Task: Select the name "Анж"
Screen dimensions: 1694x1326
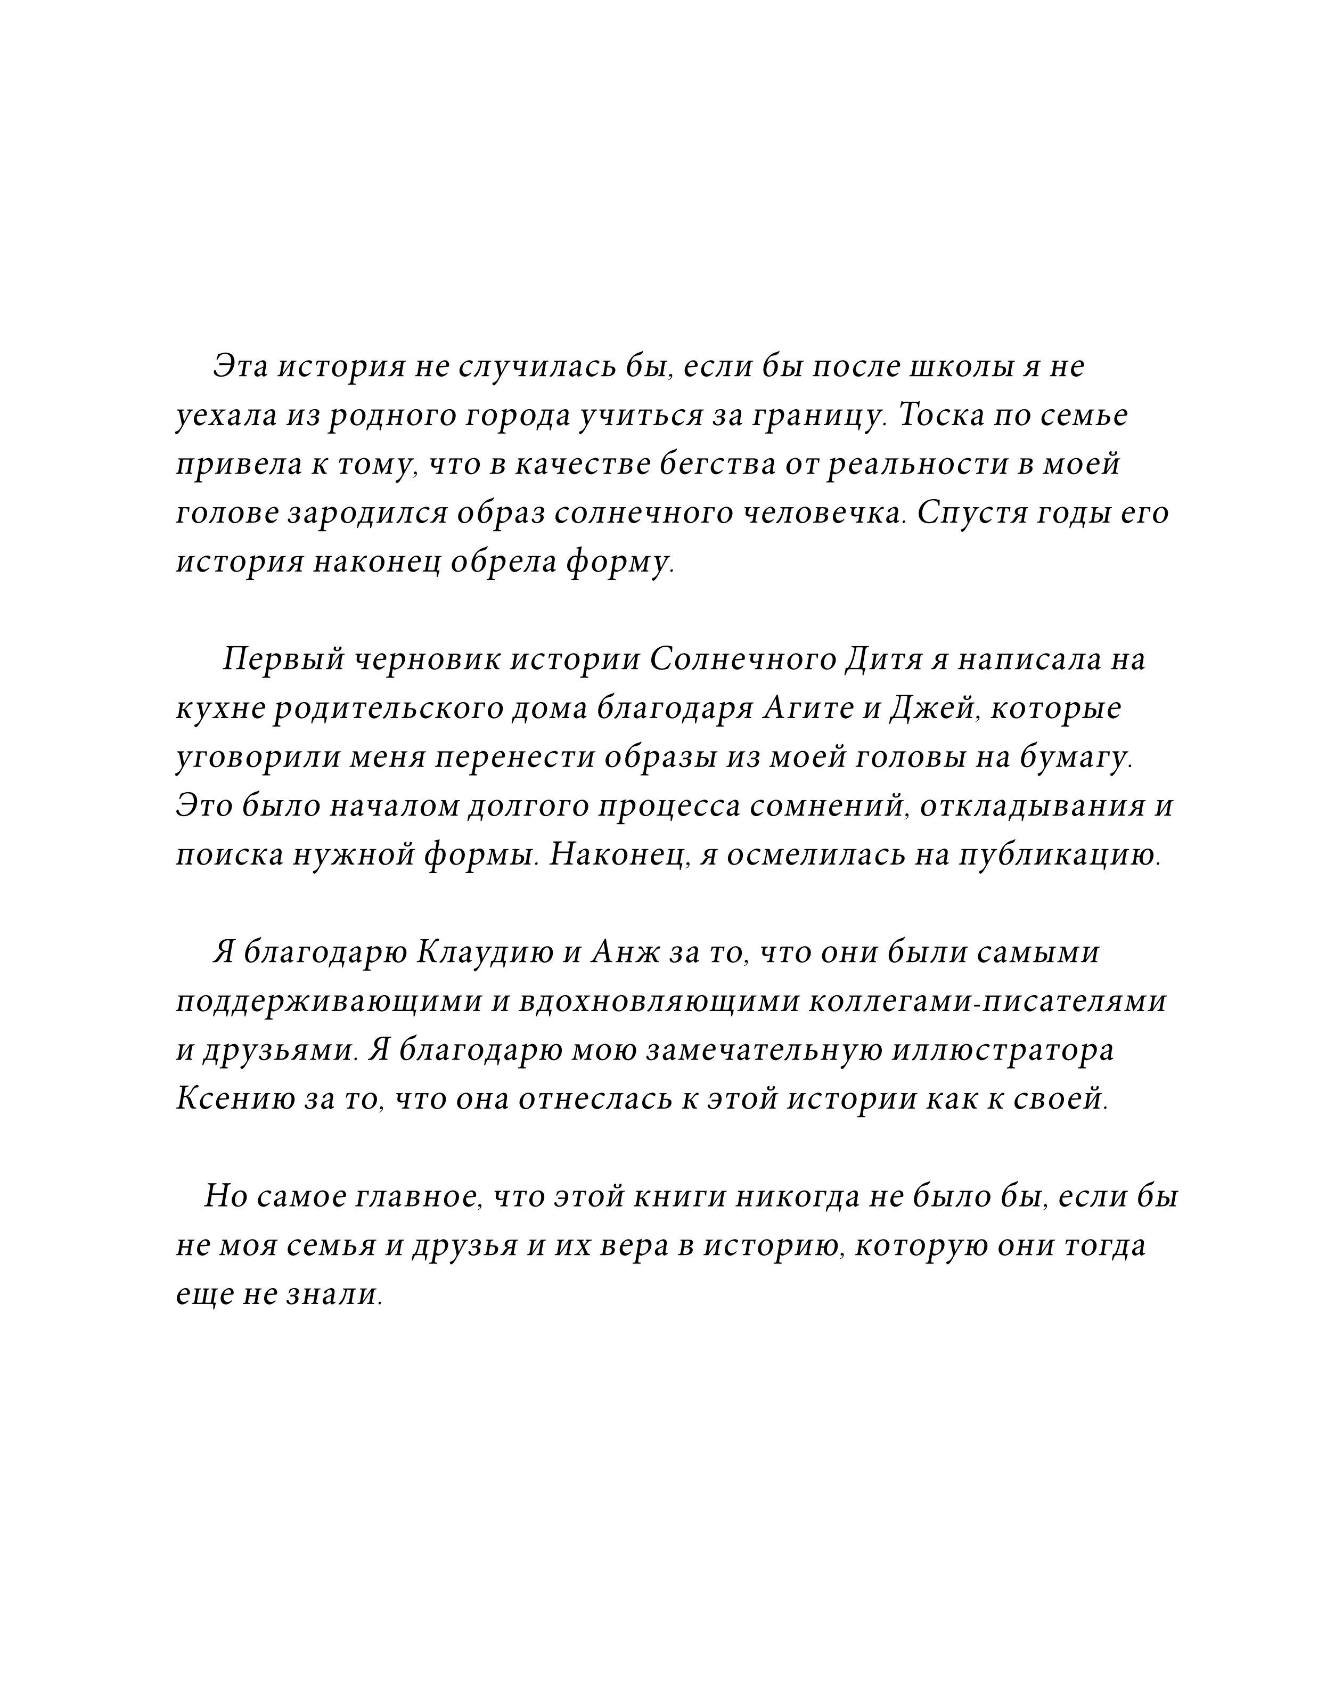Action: coord(621,953)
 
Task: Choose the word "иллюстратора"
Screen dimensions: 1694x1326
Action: coord(1002,1051)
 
